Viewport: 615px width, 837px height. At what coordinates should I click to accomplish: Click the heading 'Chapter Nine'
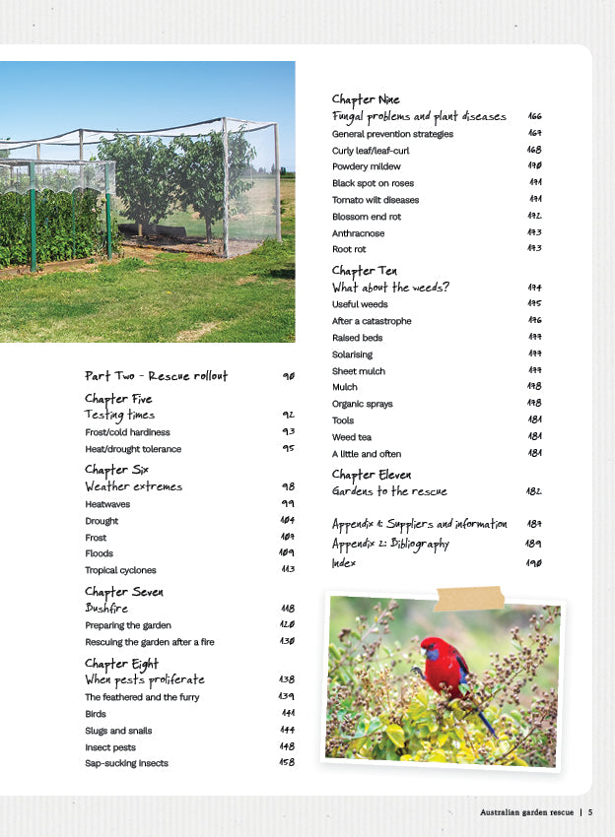(x=367, y=99)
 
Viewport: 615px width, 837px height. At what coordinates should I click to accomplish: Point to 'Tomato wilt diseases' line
(x=376, y=200)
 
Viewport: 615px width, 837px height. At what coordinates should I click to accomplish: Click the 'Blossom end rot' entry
(x=367, y=217)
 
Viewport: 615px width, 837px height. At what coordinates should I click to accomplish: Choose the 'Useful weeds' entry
(x=360, y=304)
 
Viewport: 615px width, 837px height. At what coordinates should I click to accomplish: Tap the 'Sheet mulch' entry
(x=359, y=371)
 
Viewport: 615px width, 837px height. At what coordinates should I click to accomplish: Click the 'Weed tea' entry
(x=352, y=437)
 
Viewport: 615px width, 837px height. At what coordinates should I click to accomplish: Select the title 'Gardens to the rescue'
(x=389, y=491)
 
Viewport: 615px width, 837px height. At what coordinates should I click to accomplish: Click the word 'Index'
(x=343, y=563)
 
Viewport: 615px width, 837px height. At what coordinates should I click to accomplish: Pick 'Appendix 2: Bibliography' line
(x=390, y=544)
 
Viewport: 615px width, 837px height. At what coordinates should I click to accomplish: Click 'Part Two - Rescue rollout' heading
(x=156, y=376)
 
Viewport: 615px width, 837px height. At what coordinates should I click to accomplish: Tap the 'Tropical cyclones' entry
(x=120, y=570)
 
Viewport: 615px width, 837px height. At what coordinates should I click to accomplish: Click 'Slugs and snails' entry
(x=118, y=731)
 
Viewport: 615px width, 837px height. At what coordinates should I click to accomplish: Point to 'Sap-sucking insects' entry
(x=126, y=763)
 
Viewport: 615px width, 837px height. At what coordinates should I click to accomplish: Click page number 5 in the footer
(x=590, y=812)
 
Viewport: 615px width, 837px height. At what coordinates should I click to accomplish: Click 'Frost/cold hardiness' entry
(x=127, y=432)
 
